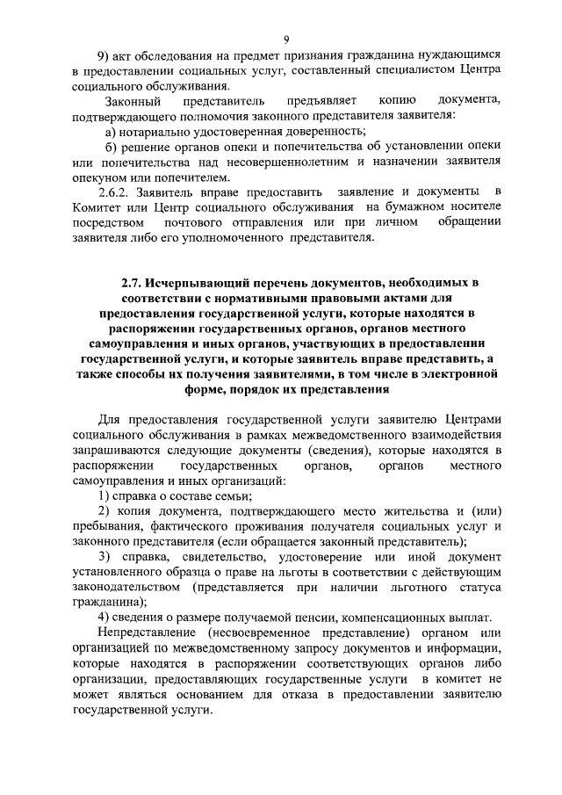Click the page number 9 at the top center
click(x=287, y=37)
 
